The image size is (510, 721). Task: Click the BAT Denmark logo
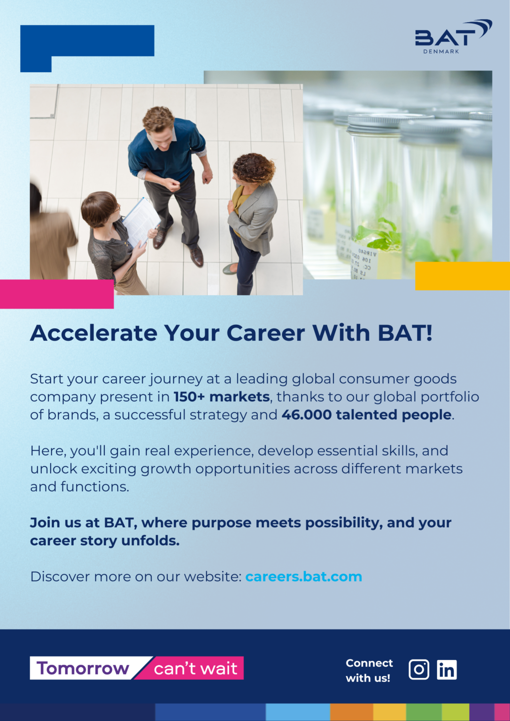tap(453, 36)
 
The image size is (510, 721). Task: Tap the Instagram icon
tap(418, 669)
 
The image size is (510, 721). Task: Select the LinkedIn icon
tap(447, 669)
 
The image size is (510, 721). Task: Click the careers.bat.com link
tap(304, 576)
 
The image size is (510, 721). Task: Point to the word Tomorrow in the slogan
tap(83, 668)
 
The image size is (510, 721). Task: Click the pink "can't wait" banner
tap(190, 668)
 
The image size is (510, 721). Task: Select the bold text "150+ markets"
tap(222, 397)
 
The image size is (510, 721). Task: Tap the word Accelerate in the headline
tap(94, 333)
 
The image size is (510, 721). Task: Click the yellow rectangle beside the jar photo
tap(463, 276)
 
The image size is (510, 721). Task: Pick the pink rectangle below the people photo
tap(57, 294)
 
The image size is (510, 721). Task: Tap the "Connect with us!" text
tap(369, 670)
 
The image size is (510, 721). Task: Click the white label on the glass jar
tap(364, 261)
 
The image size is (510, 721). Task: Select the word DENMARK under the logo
tap(441, 52)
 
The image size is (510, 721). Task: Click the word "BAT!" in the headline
tap(405, 333)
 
